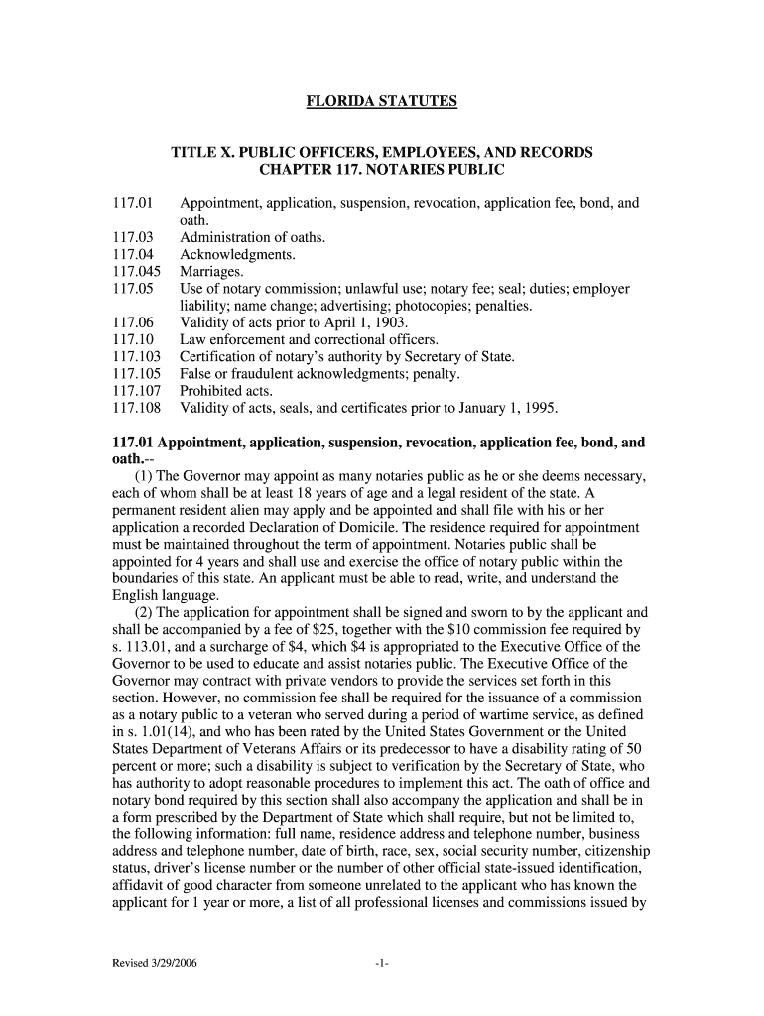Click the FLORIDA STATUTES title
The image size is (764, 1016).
[381, 101]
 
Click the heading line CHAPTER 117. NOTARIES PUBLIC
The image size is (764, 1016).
[381, 170]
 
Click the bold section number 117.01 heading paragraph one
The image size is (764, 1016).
[132, 443]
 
